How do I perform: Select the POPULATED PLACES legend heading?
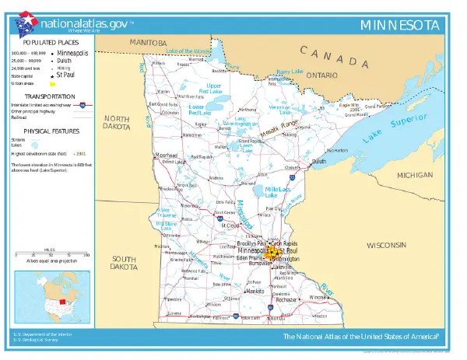click(49, 40)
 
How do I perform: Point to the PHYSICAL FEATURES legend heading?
click(49, 131)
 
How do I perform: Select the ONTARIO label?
click(321, 75)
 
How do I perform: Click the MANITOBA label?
click(148, 41)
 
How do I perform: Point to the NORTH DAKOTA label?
click(116, 122)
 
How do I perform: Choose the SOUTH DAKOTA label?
click(124, 262)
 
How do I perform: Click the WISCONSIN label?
click(388, 245)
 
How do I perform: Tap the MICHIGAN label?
click(414, 176)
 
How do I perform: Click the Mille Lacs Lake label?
click(277, 192)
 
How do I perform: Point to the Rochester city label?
click(287, 299)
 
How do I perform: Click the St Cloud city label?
click(229, 225)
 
